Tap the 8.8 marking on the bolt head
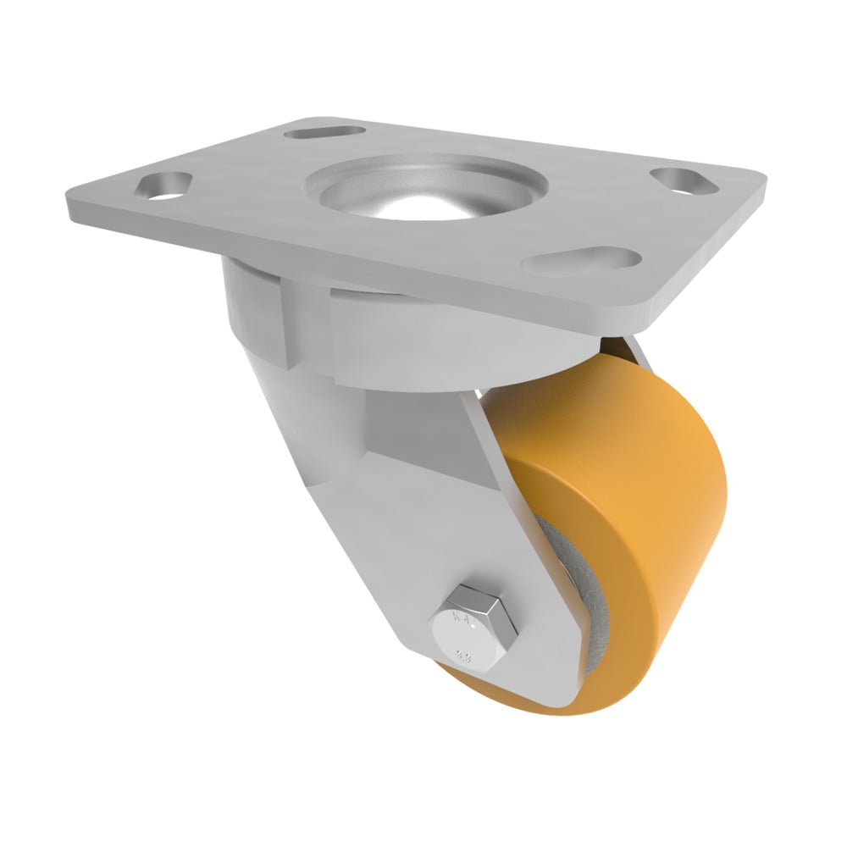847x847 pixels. (x=465, y=653)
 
